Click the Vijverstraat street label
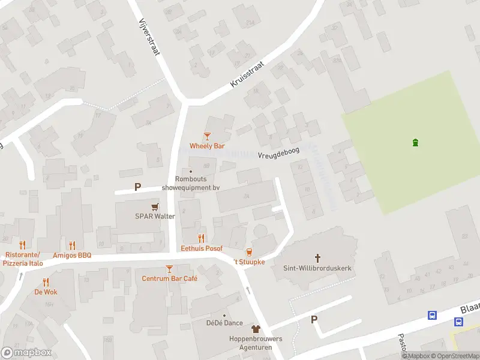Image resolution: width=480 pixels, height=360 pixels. (149, 37)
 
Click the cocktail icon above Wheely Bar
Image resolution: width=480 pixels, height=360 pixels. (207, 137)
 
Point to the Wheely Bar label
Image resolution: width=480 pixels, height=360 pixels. (207, 146)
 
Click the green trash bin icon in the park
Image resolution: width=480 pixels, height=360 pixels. (415, 142)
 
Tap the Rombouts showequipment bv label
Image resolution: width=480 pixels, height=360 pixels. (191, 183)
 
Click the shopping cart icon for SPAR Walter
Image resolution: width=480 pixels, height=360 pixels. (155, 207)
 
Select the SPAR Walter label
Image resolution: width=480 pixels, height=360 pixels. (155, 216)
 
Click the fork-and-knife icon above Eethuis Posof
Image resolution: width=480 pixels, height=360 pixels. (202, 239)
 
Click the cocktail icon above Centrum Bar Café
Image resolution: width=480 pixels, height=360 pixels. (169, 269)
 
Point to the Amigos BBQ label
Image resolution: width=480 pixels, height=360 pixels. (72, 255)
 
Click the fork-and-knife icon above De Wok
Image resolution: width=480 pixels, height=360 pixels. (46, 282)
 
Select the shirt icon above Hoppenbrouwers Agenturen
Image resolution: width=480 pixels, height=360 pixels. (256, 329)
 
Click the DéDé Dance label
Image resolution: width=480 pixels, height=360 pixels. (224, 323)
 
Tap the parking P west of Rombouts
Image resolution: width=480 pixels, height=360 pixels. (137, 187)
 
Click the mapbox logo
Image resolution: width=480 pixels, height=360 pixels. (26, 353)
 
